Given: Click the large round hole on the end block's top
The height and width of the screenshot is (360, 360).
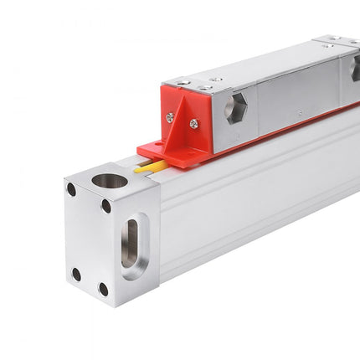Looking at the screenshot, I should (109, 180).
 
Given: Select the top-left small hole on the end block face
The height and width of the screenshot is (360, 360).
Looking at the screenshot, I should (71, 190).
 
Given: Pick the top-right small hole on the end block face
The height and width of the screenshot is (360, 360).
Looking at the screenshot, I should (106, 206).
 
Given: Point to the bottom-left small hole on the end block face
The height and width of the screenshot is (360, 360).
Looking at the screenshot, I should (76, 274).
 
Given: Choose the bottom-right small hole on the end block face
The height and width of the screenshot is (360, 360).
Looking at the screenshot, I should (103, 290).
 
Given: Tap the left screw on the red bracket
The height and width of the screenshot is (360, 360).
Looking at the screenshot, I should (170, 118).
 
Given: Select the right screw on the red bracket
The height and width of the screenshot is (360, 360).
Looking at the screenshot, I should (194, 124).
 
